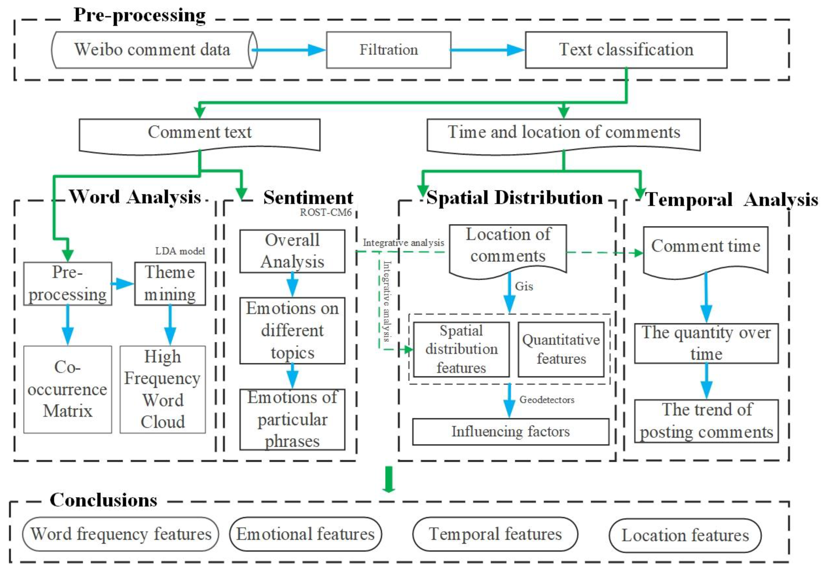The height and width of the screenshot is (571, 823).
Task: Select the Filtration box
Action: tap(388, 50)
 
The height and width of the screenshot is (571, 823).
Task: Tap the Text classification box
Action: tap(626, 50)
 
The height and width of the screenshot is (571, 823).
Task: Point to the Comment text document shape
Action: tap(199, 134)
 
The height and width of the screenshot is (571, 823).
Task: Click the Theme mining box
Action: tap(170, 283)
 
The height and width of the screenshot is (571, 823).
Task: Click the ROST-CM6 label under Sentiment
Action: tap(325, 213)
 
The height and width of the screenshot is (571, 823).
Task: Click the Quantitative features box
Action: tap(561, 349)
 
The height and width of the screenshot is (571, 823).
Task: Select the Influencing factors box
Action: tap(510, 431)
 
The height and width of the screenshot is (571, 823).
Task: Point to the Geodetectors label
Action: tap(546, 400)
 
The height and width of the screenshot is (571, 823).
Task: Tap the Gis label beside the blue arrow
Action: tap(524, 286)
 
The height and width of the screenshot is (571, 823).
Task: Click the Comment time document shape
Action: tap(705, 249)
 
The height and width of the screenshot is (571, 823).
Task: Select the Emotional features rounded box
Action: tap(305, 534)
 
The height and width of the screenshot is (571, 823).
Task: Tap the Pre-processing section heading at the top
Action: tap(140, 16)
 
